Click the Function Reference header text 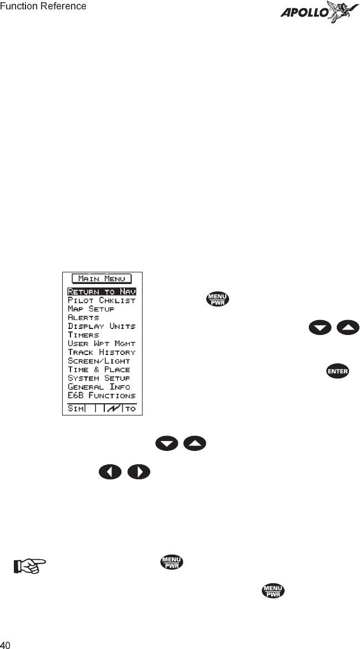[x=43, y=7]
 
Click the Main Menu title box [x=102, y=278]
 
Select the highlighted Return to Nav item [x=102, y=291]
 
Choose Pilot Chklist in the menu [x=102, y=300]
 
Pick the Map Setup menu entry [x=91, y=308]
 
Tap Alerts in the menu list [x=83, y=317]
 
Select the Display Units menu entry [x=102, y=326]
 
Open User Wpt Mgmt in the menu [x=102, y=343]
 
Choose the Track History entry [x=102, y=352]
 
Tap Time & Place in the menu [x=99, y=369]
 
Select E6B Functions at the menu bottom [x=102, y=396]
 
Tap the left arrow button [x=110, y=473]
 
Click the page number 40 [x=6, y=645]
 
